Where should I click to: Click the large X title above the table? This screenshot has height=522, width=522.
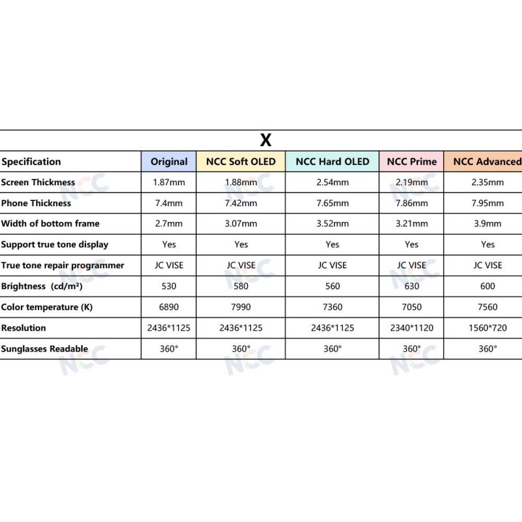point(266,140)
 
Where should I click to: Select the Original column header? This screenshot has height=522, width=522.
point(169,162)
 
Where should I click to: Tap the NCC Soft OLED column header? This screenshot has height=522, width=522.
point(241,162)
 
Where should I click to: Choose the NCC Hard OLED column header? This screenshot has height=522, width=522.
point(332,162)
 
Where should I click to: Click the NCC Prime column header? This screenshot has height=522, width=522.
point(412,162)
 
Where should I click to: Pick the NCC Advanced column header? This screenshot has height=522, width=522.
point(487,162)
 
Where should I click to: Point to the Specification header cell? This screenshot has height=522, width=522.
point(31,162)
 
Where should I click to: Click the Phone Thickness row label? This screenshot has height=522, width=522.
point(36,203)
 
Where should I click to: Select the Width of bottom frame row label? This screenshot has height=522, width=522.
point(50,224)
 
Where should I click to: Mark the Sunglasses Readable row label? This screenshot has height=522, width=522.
point(44,348)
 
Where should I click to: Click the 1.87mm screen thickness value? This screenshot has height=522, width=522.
point(169,183)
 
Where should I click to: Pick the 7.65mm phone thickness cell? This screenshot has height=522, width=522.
point(332,203)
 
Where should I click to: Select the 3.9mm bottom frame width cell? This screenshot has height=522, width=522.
point(487,224)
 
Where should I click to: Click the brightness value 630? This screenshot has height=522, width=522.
point(412,286)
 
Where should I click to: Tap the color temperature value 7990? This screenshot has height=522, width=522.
point(241,307)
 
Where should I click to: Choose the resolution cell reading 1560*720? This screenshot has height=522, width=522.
point(487,328)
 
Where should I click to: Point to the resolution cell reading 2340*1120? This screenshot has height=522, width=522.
point(412,328)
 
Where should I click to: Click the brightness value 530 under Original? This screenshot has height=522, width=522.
point(169,286)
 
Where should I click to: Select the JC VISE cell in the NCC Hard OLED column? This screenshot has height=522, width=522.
point(332,265)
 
